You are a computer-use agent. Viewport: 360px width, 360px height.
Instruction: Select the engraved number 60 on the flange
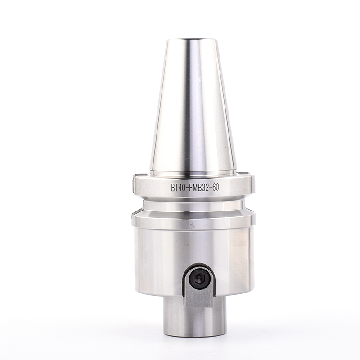point(216,188)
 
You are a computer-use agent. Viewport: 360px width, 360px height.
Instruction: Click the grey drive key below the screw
point(199,298)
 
